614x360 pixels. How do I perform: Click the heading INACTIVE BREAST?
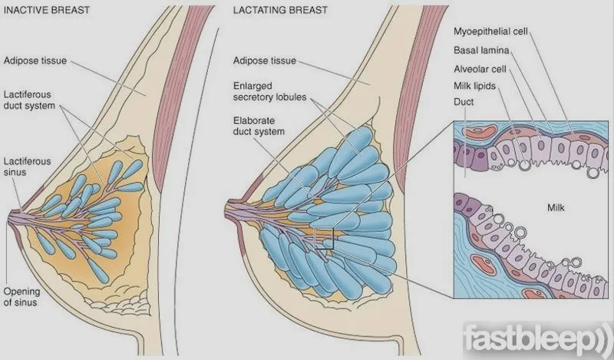[47, 10]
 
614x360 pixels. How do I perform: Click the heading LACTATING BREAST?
[280, 10]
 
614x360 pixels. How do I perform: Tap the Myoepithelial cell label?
[490, 31]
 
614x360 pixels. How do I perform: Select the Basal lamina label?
[481, 50]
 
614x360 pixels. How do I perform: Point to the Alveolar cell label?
[480, 69]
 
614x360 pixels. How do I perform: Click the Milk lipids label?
[474, 86]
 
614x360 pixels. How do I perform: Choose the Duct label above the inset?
[464, 102]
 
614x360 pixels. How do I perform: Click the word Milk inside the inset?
[556, 207]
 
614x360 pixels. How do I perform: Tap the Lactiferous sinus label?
[27, 167]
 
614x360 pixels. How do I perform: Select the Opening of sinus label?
[21, 296]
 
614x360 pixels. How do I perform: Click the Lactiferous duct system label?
[29, 100]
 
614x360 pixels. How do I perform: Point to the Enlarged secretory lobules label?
[269, 91]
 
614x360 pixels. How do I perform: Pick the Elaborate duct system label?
[259, 126]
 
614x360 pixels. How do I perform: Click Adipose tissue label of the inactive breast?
[35, 61]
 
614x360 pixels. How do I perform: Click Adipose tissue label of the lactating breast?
[264, 61]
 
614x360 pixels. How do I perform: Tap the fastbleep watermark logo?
[538, 338]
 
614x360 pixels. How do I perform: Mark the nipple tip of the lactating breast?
[226, 212]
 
